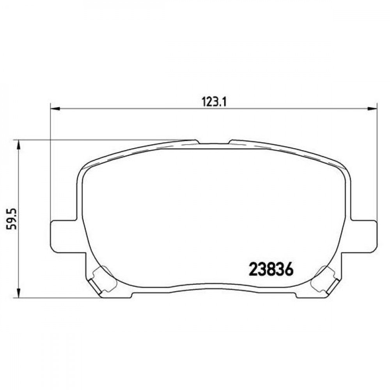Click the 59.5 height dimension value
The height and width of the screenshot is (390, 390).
[x=12, y=219]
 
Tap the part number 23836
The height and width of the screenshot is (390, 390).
[x=271, y=269]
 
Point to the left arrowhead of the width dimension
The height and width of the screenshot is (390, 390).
[x=55, y=108]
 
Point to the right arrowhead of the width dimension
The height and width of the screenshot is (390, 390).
[x=372, y=108]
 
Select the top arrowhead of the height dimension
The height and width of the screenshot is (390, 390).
[x=18, y=145]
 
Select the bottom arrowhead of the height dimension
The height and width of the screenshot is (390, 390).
[x=18, y=293]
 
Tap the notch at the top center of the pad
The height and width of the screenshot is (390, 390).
[x=214, y=143]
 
